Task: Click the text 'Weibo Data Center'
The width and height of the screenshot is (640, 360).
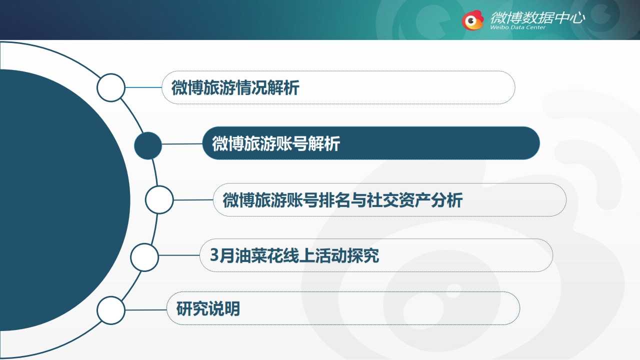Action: [517, 27]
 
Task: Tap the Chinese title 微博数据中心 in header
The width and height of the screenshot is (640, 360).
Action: [537, 17]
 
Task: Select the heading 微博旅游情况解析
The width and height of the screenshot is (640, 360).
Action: [235, 87]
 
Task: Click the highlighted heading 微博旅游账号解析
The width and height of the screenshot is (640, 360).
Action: [276, 143]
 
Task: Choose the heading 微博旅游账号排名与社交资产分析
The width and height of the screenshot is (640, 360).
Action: [342, 200]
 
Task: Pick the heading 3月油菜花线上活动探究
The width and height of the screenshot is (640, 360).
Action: [294, 255]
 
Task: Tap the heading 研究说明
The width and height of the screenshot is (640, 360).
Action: [208, 308]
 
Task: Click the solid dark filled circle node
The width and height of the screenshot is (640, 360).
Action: [148, 145]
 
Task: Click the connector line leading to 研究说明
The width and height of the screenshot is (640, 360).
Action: [146, 310]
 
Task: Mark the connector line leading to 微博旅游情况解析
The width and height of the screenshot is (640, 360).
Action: [143, 87]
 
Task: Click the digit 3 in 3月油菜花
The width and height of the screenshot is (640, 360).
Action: [214, 255]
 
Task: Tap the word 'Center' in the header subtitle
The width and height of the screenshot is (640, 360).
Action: [535, 27]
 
